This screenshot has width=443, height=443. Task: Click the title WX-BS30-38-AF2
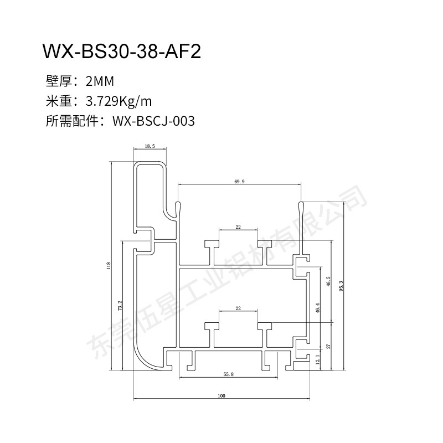(121, 51)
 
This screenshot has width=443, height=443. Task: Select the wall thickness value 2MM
(100, 83)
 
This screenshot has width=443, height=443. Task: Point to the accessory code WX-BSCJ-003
(153, 121)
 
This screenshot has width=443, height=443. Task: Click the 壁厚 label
(57, 83)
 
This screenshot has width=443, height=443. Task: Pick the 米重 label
(57, 102)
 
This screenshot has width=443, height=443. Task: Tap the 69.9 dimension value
(239, 182)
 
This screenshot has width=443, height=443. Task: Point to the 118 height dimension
(109, 266)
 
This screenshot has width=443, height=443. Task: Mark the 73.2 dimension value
(120, 305)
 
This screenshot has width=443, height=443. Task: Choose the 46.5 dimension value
(328, 281)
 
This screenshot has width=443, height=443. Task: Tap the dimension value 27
(328, 346)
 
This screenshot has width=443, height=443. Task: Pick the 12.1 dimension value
(317, 360)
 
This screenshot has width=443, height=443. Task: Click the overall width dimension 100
(221, 396)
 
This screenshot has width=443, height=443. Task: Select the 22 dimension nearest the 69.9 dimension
(238, 227)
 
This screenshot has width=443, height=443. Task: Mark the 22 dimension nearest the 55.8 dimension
(238, 308)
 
